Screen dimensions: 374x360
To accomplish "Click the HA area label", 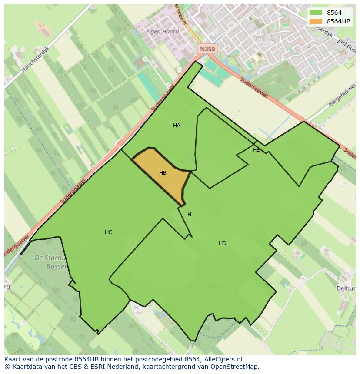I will [x=177, y=126].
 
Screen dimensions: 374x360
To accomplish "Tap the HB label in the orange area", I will [x=163, y=173].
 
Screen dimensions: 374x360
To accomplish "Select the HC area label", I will [x=108, y=232].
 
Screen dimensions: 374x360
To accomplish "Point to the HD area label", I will [x=222, y=243].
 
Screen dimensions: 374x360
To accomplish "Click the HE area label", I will [x=256, y=150].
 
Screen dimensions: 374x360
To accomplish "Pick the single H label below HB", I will [x=189, y=215].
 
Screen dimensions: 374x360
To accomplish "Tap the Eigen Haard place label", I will [x=163, y=32].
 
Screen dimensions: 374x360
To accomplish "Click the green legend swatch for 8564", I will [x=316, y=13].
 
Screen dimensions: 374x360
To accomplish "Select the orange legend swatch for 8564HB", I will [x=316, y=21].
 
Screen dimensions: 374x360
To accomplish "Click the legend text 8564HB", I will [x=339, y=21].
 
